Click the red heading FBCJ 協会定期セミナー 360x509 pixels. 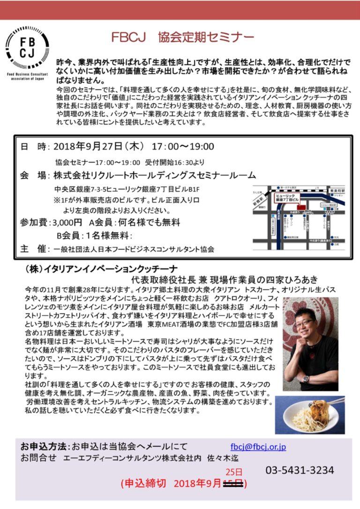pyautogui.click(x=183, y=37)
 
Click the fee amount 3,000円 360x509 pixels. pyautogui.click(x=69, y=222)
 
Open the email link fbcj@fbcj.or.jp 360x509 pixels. pyautogui.click(x=258, y=447)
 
